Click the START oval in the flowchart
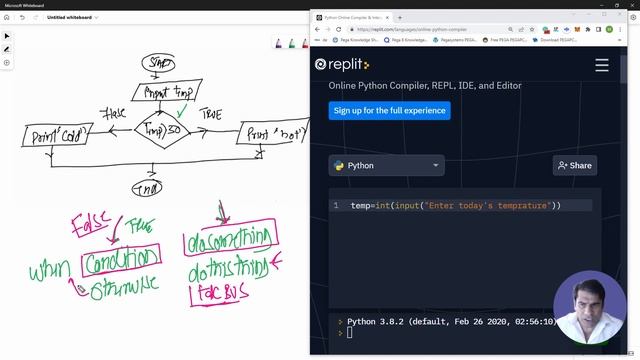click(x=159, y=63)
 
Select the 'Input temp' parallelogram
click(x=168, y=94)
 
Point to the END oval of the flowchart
click(x=147, y=187)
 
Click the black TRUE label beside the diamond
click(x=211, y=114)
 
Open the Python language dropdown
click(x=386, y=165)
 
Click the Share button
click(x=574, y=165)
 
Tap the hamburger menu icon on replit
click(x=601, y=65)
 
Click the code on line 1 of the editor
click(x=455, y=206)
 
